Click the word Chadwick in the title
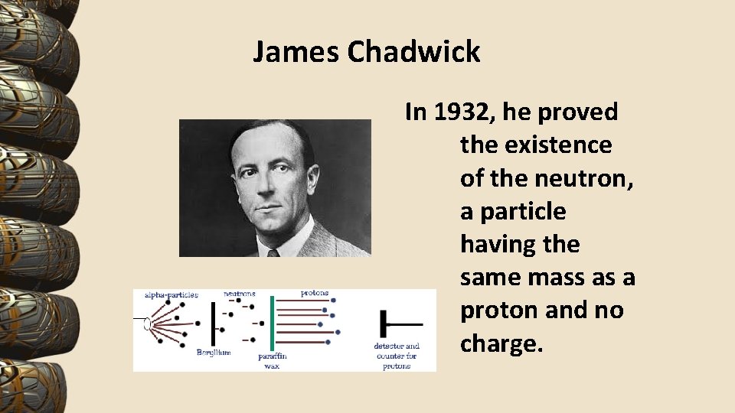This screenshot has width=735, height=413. tap(413, 52)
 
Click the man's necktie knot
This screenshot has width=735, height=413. tap(273, 252)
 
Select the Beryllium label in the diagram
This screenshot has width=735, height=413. tap(214, 353)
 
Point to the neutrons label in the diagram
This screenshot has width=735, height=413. tap(239, 293)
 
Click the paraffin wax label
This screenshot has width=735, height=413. tap(272, 360)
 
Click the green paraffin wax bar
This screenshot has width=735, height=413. tap(272, 321)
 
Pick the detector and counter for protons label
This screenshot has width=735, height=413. tap(397, 356)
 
